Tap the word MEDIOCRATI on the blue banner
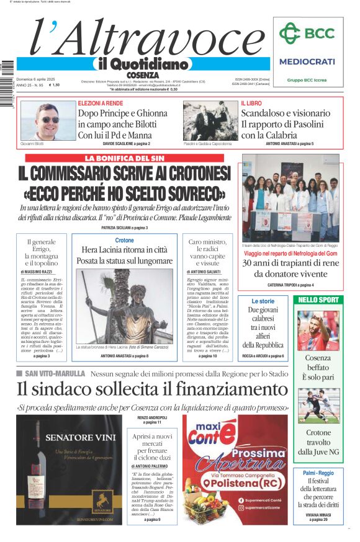click(x=307, y=61)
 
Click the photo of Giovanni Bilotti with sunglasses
click(x=48, y=120)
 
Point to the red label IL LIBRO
click(x=252, y=103)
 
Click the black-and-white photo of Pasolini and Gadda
click(x=210, y=120)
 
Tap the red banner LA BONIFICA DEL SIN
click(x=124, y=159)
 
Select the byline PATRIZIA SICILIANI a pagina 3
click(x=124, y=228)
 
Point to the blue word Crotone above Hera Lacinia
click(x=124, y=240)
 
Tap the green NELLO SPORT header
click(x=318, y=300)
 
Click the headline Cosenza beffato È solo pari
click(x=318, y=367)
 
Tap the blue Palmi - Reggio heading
click(x=318, y=473)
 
